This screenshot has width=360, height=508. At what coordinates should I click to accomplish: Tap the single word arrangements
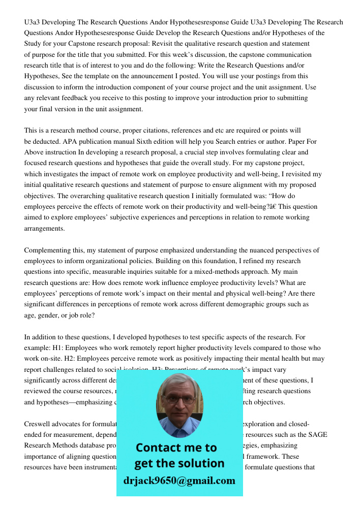pyautogui.click(x=45, y=228)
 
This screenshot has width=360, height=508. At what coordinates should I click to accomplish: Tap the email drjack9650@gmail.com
pyautogui.click(x=179, y=481)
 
